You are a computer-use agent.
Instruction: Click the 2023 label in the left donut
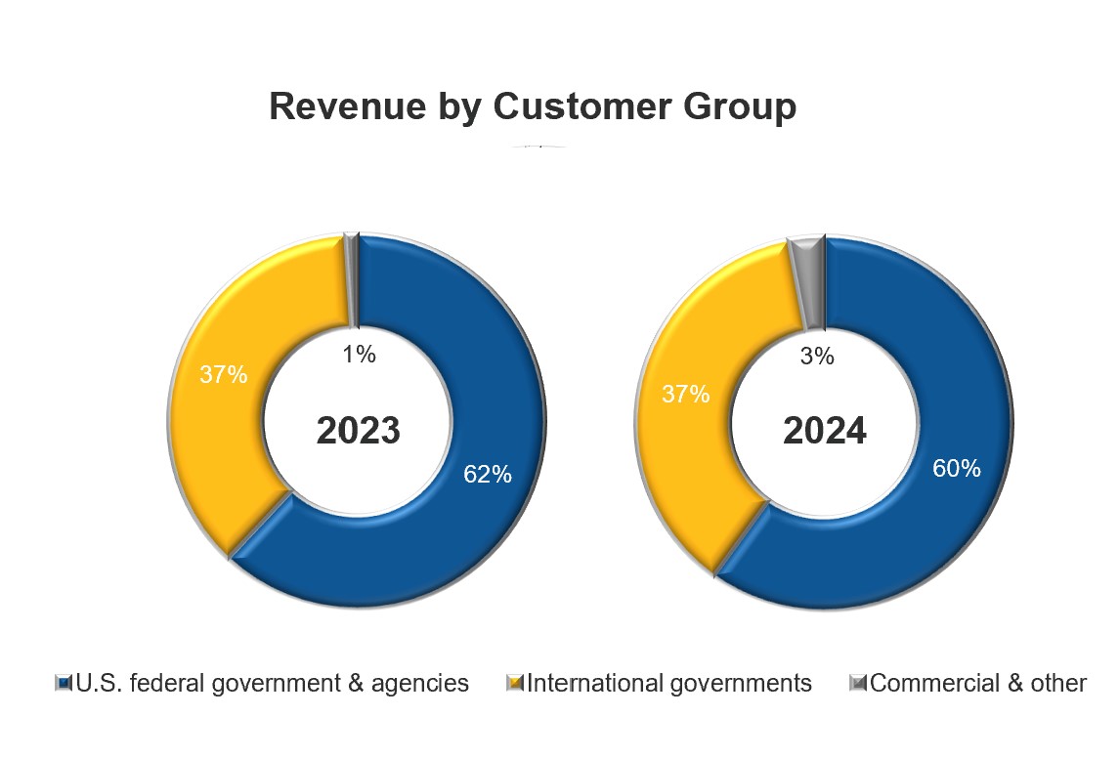click(x=359, y=431)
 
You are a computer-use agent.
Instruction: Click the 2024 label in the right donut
click(x=825, y=431)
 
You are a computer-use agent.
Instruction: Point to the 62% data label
click(x=488, y=475)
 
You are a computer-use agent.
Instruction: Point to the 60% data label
click(x=956, y=469)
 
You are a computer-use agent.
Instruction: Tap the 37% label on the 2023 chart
click(x=224, y=374)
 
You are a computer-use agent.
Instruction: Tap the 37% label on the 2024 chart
click(x=686, y=395)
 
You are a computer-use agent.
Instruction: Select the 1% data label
click(x=360, y=356)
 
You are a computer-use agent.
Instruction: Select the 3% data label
click(x=817, y=358)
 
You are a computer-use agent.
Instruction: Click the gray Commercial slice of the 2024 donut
click(x=809, y=278)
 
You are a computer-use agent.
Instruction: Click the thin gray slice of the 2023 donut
click(x=351, y=278)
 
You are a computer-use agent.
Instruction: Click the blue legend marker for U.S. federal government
click(x=64, y=683)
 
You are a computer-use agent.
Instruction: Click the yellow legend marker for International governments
click(x=516, y=683)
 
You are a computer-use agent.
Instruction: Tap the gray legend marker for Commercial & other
click(x=858, y=683)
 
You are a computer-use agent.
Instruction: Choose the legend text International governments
click(x=669, y=683)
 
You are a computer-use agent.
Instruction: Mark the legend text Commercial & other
click(x=977, y=683)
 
